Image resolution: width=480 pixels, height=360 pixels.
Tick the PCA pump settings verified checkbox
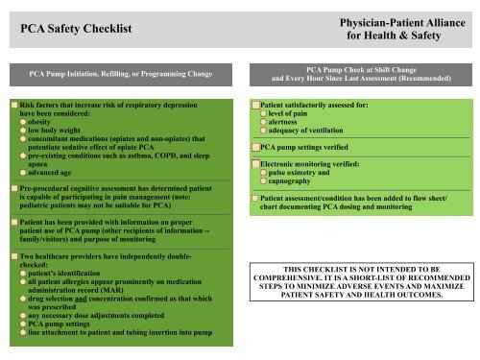point(253,148)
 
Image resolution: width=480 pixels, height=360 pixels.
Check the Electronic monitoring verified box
point(253,164)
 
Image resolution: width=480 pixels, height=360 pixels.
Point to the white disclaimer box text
point(355,255)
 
